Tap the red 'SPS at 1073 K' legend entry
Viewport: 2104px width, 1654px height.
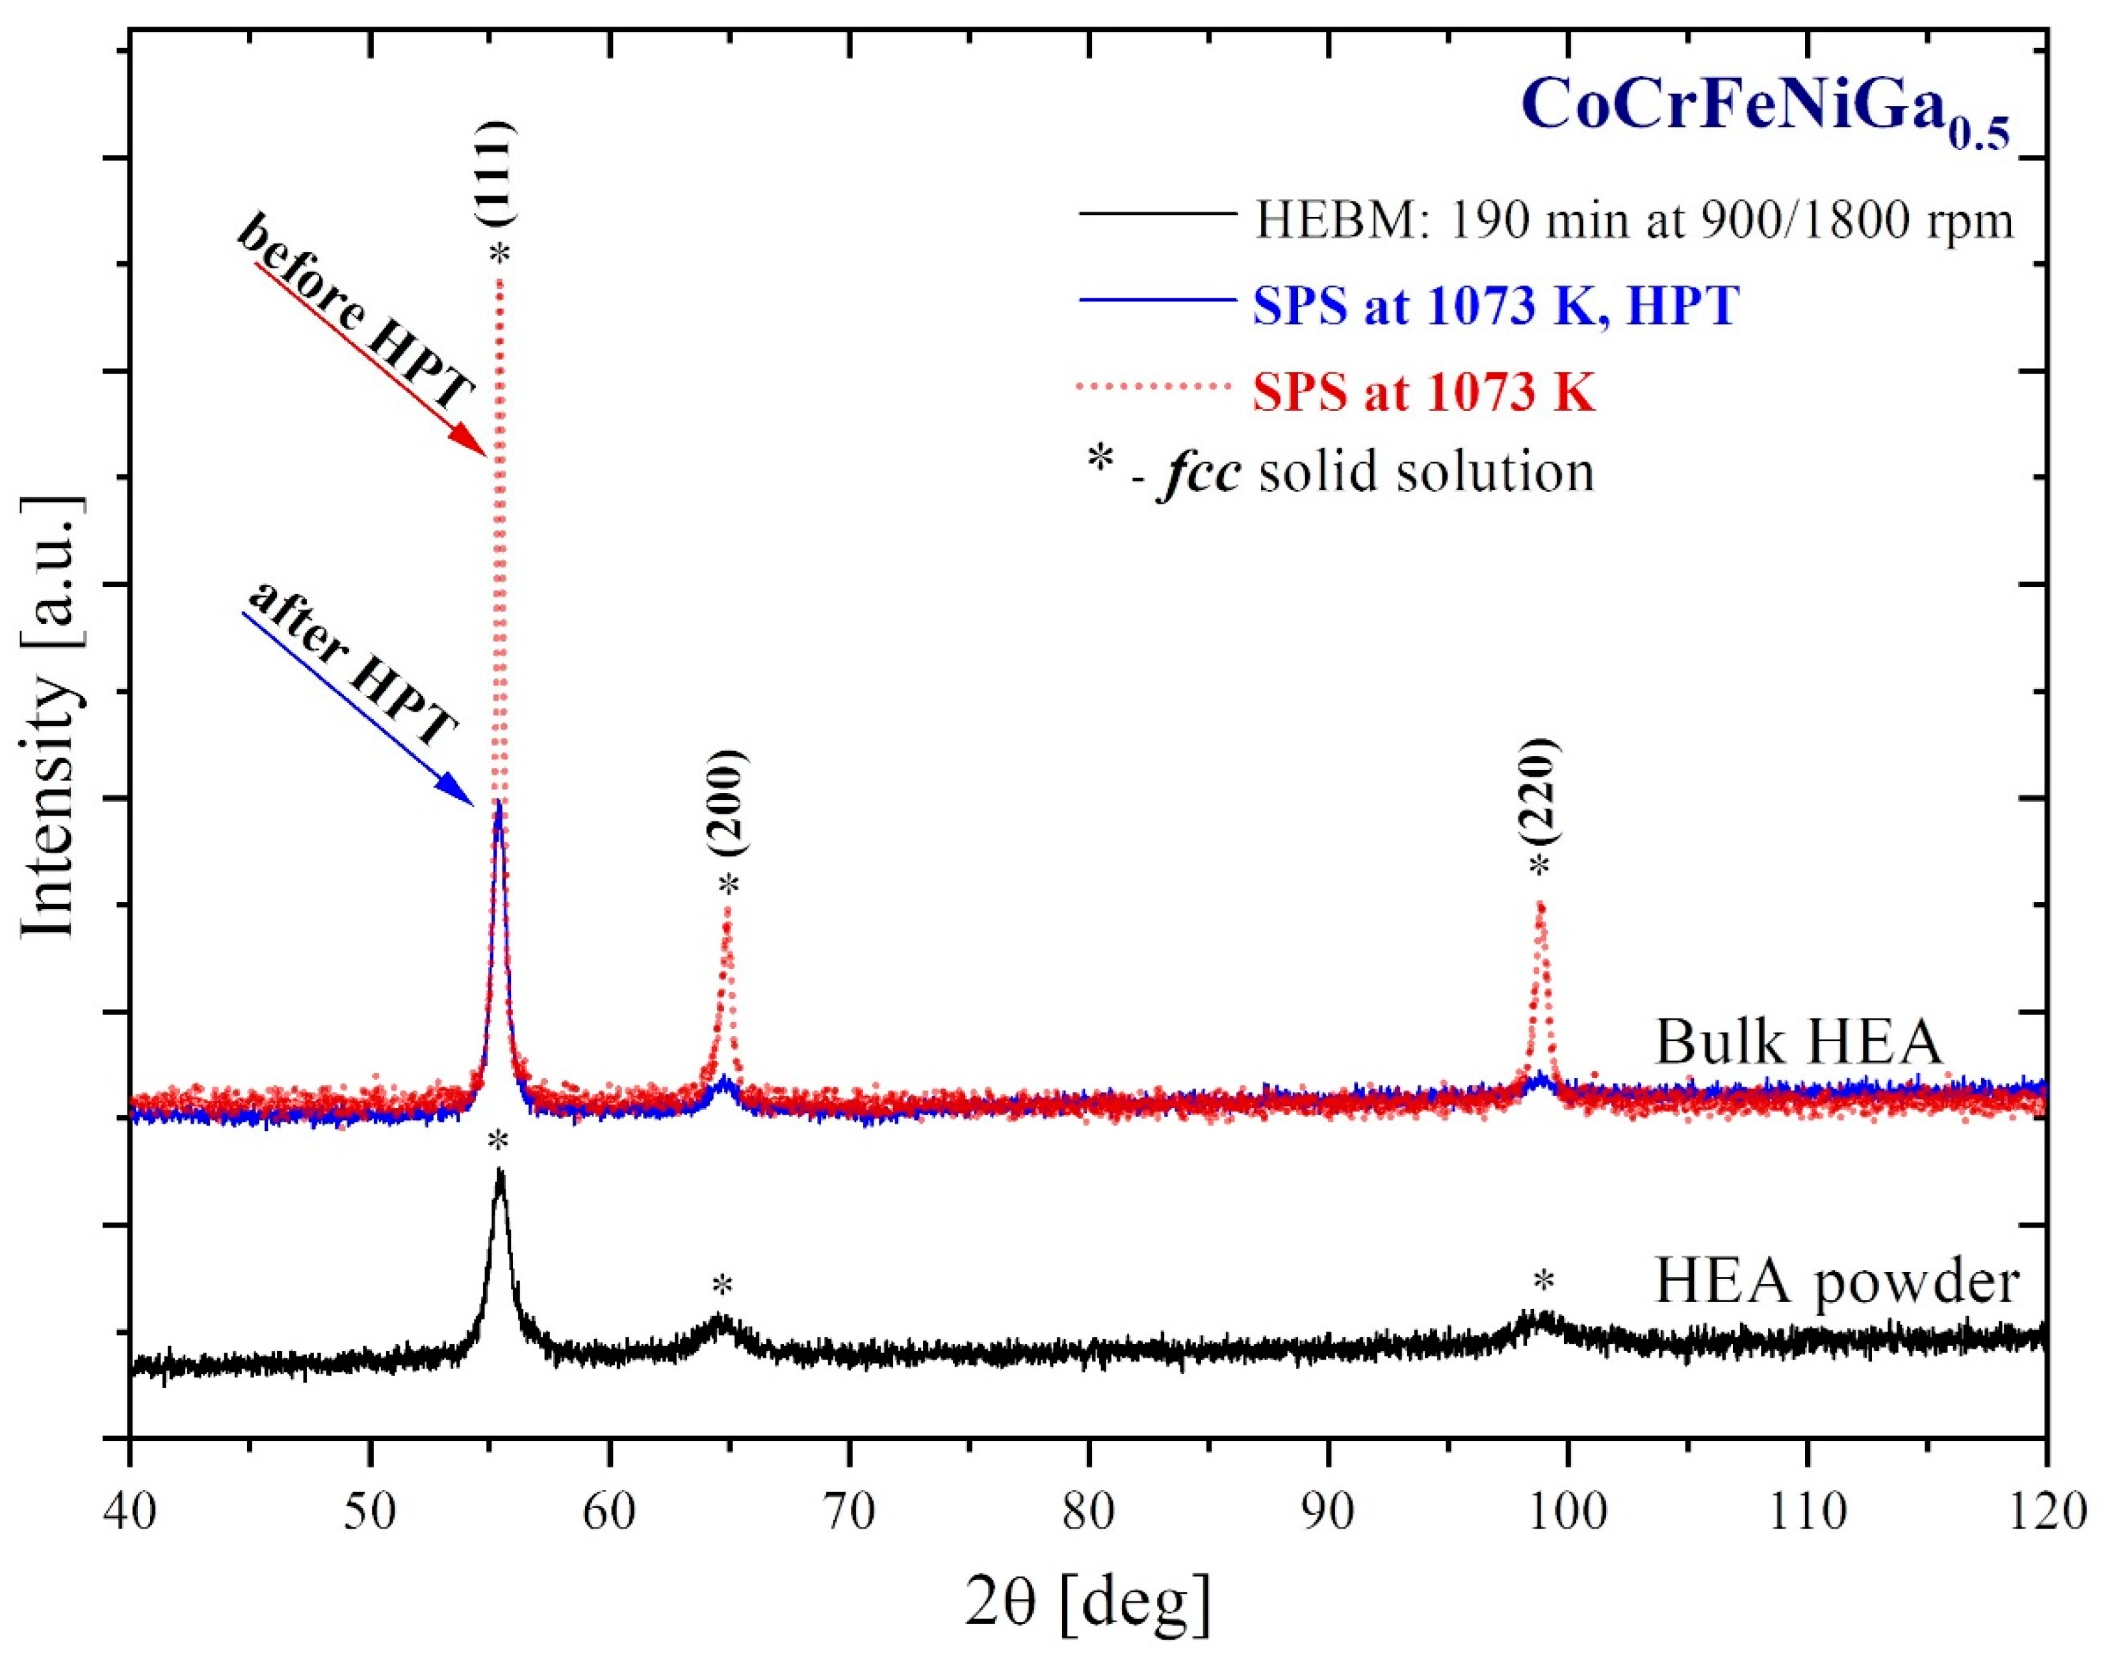coord(1423,392)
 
